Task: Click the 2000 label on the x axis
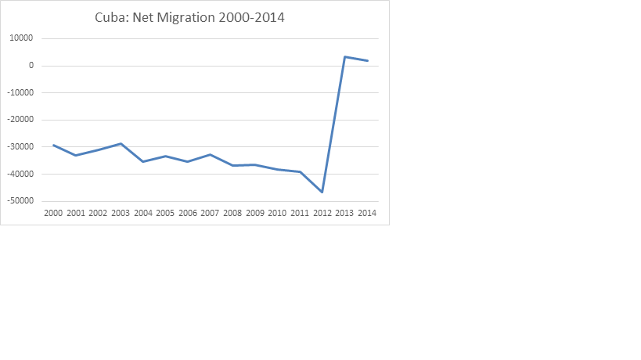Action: [53, 213]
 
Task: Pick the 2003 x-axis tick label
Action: [121, 213]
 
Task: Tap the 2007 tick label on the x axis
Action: [211, 213]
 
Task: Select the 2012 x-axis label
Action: [322, 213]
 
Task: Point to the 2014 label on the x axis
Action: [367, 213]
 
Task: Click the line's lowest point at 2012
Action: [322, 192]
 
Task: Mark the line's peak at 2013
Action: [345, 56]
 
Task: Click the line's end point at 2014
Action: [367, 61]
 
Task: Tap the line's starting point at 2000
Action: [53, 145]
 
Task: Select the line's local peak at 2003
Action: [121, 143]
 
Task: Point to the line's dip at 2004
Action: [143, 161]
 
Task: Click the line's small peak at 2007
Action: [211, 154]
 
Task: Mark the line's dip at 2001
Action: [76, 155]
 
